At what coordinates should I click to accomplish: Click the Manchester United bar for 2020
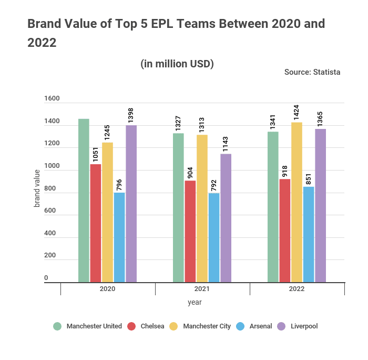(x=84, y=200)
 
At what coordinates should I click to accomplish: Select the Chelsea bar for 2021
(x=190, y=231)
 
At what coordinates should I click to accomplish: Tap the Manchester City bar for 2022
(x=297, y=202)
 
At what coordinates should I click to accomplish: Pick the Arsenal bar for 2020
(x=119, y=237)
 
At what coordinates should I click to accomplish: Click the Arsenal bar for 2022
(x=309, y=234)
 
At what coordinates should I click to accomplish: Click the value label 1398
(x=131, y=113)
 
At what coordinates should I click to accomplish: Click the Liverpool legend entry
(x=298, y=326)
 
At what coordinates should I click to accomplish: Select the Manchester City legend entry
(x=201, y=326)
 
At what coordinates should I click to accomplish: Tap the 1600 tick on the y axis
(x=52, y=98)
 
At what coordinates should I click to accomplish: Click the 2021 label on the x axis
(x=202, y=289)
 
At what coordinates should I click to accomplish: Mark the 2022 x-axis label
(x=297, y=289)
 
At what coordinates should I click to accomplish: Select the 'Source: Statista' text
(x=312, y=72)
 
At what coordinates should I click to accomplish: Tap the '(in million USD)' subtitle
(x=177, y=64)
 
